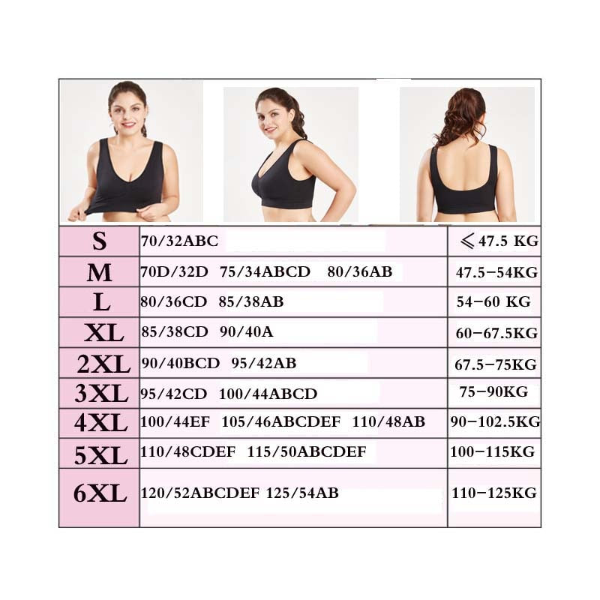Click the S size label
[x=99, y=241]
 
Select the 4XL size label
[x=100, y=423]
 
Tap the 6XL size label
[x=100, y=493]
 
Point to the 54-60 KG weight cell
[x=493, y=302]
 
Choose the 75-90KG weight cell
[x=493, y=391]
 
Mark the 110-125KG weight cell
[x=493, y=493]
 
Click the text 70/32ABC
[x=179, y=241]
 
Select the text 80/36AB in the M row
[x=360, y=272]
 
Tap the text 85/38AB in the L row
[x=251, y=302]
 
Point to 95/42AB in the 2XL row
[x=264, y=363]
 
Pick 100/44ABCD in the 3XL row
[x=268, y=394]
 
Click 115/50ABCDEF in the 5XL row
[x=307, y=452]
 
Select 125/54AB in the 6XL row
[x=302, y=493]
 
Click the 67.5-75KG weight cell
[x=496, y=364]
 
